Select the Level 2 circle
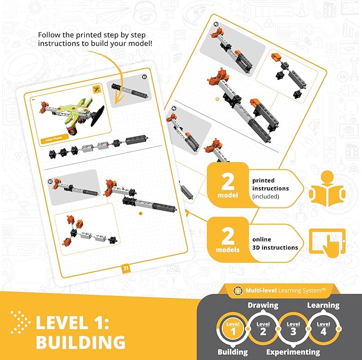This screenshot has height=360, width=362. [263, 327]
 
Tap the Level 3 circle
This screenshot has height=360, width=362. [293, 327]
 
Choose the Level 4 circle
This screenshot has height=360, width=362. [323, 327]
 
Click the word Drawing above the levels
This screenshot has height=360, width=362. [262, 306]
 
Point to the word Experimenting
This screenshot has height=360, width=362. [293, 352]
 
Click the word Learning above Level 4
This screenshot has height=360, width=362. [323, 306]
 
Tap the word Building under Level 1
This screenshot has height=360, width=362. [232, 352]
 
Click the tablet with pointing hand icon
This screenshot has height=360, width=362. [327, 243]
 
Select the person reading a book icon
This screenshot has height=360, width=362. [327, 190]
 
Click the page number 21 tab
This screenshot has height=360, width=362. [127, 268]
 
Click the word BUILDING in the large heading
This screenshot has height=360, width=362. [81, 342]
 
